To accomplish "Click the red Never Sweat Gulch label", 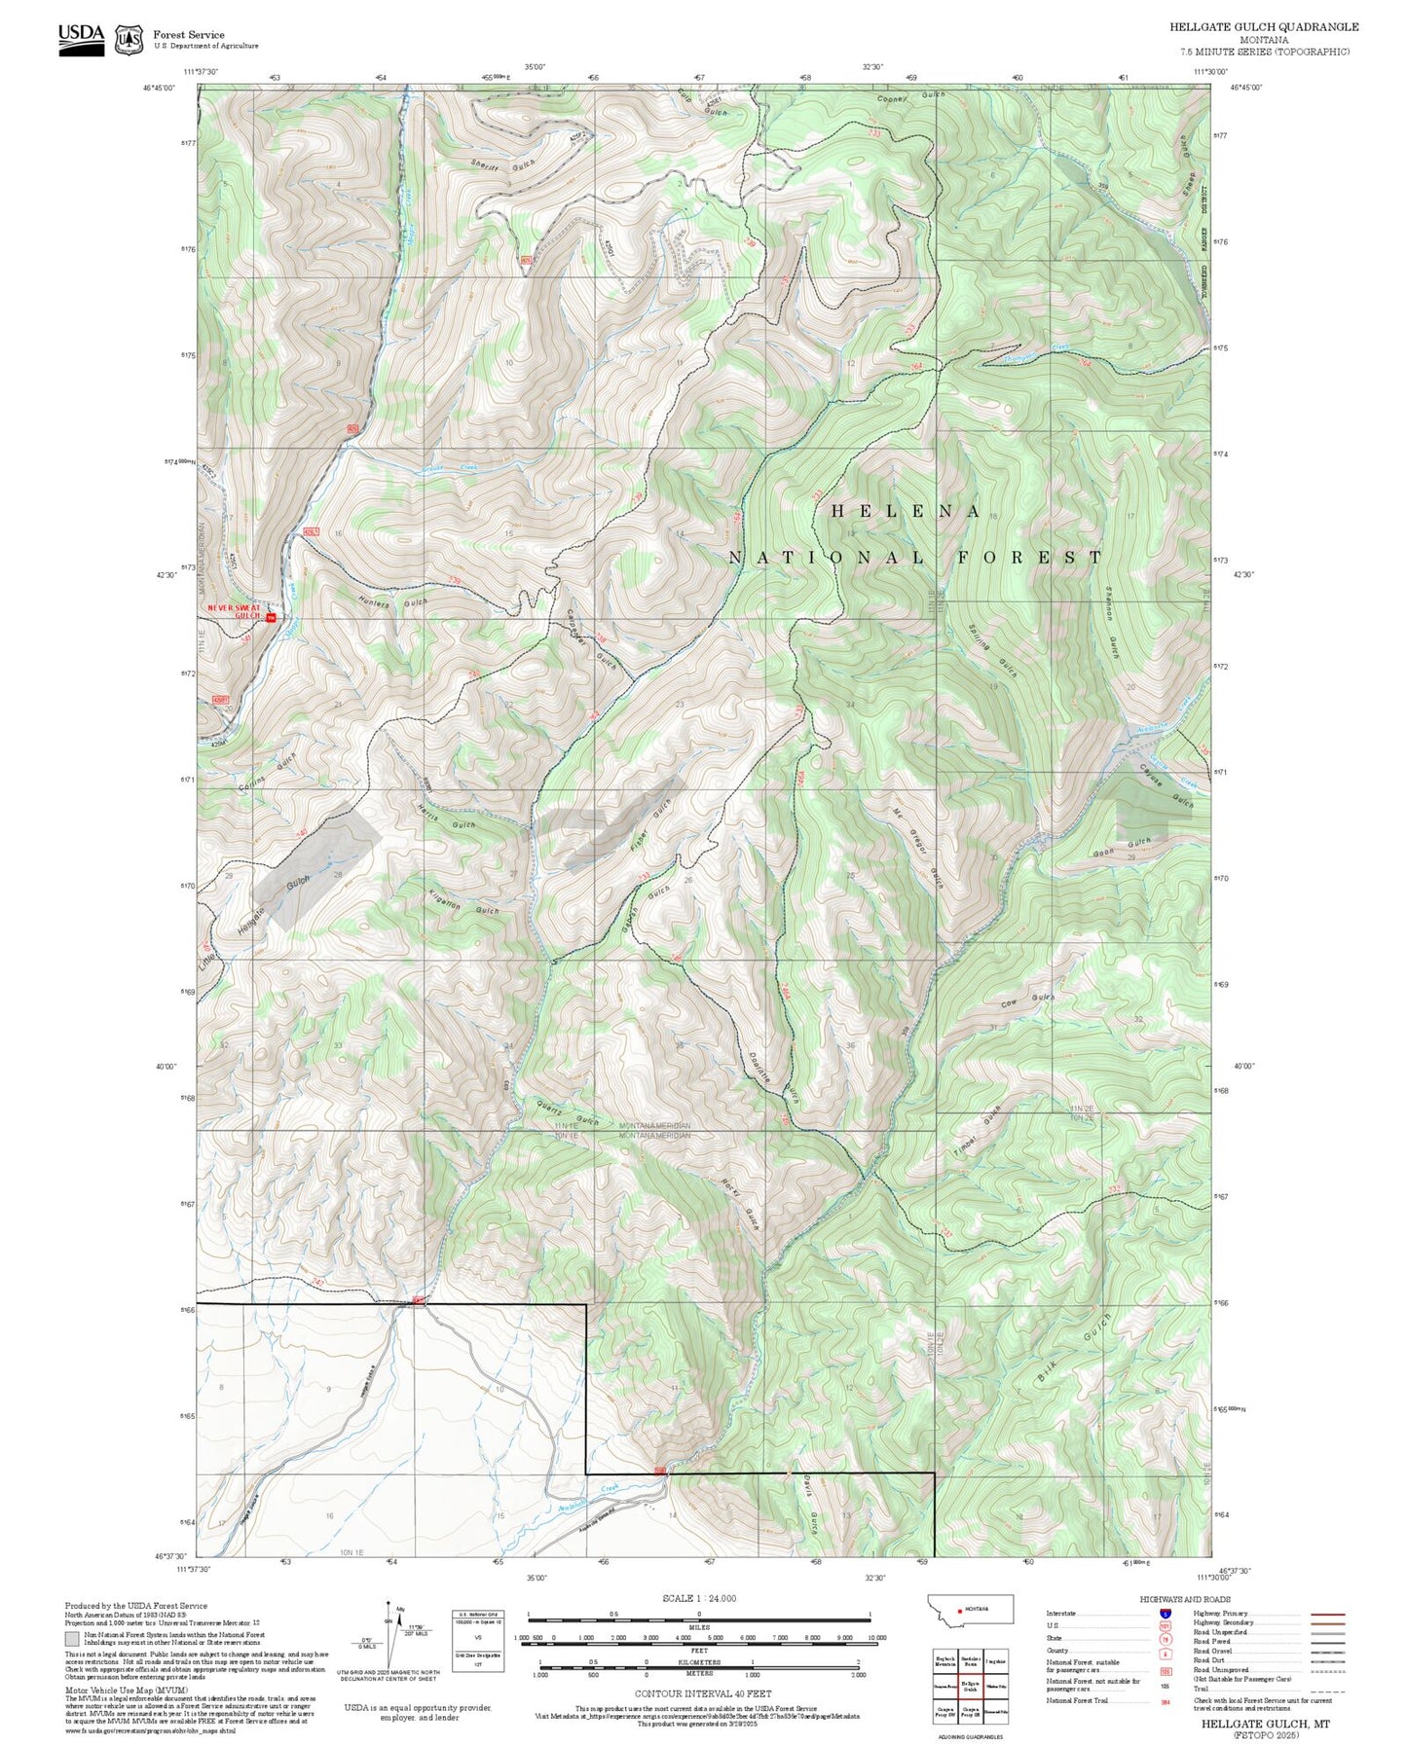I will [234, 610].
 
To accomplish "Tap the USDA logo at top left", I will [81, 38].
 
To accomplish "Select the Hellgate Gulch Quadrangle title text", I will [1264, 26].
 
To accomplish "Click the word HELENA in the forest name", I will [906, 511].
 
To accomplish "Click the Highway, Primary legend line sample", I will [1328, 1614].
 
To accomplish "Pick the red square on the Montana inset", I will [960, 1609].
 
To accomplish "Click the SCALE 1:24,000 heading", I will [699, 1599].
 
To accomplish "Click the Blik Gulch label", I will [1072, 1348].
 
